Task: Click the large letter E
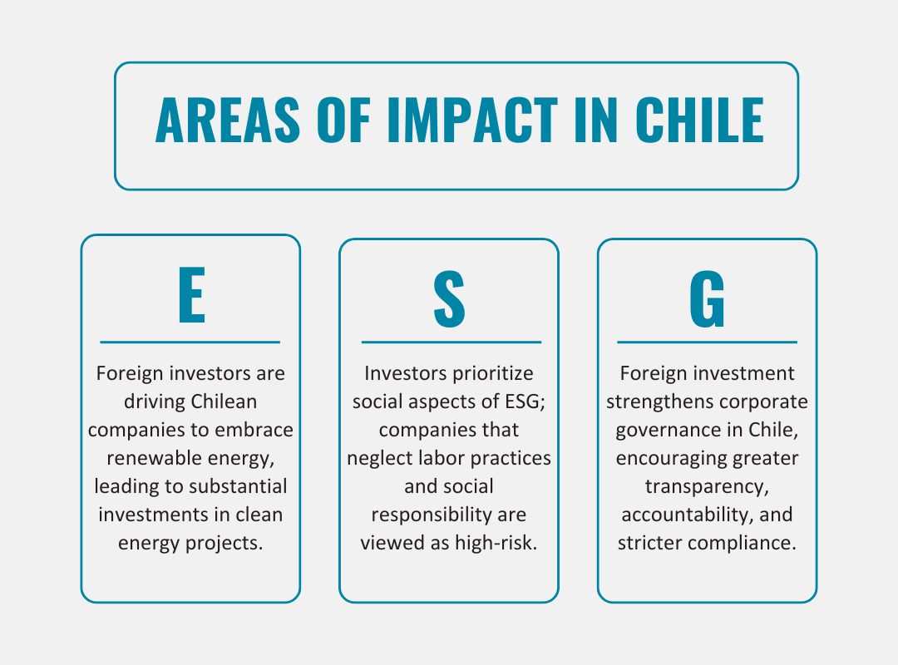191,298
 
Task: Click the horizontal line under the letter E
190,342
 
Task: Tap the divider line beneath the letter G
707,342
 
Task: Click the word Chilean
224,401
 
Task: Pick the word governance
654,430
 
